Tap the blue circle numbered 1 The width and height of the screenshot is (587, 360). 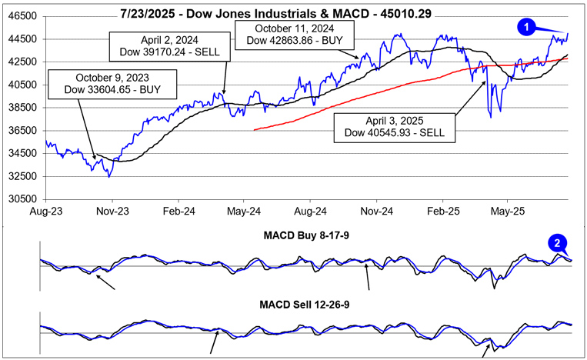coord(527,27)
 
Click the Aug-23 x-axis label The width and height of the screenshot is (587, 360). coord(46,209)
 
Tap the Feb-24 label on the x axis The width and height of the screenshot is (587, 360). coord(178,209)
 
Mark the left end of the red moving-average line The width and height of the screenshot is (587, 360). coord(254,129)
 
